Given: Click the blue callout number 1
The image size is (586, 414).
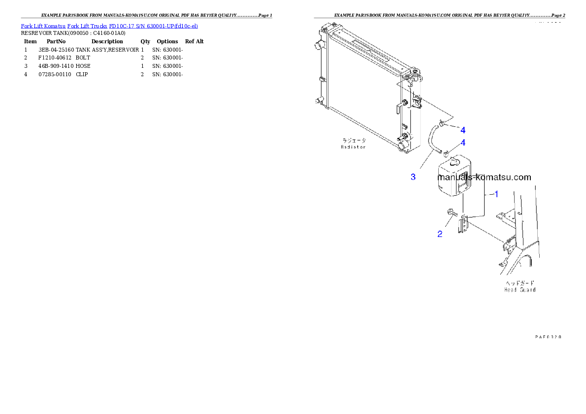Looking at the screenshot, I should point(496,194).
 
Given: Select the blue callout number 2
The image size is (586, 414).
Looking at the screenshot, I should point(440,234).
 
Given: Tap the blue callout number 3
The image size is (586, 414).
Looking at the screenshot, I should point(413,177).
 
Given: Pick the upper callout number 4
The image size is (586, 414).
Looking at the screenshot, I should point(463,130).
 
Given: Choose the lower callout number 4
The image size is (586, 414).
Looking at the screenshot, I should point(463,143).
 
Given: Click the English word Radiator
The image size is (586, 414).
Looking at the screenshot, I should point(354,147).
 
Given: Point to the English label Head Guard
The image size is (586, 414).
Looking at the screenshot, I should point(520,290).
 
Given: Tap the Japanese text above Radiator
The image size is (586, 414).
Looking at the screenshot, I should point(354,141).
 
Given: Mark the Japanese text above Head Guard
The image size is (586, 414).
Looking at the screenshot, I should point(520,283).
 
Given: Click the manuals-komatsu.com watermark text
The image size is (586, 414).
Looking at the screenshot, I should point(484,177).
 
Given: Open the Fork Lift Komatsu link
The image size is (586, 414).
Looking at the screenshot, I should point(43,26).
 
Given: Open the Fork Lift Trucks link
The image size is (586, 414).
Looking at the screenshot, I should point(90,26).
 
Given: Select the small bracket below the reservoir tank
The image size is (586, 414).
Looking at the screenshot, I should point(463,226).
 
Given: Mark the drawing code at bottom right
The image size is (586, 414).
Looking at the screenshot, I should point(548,337).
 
